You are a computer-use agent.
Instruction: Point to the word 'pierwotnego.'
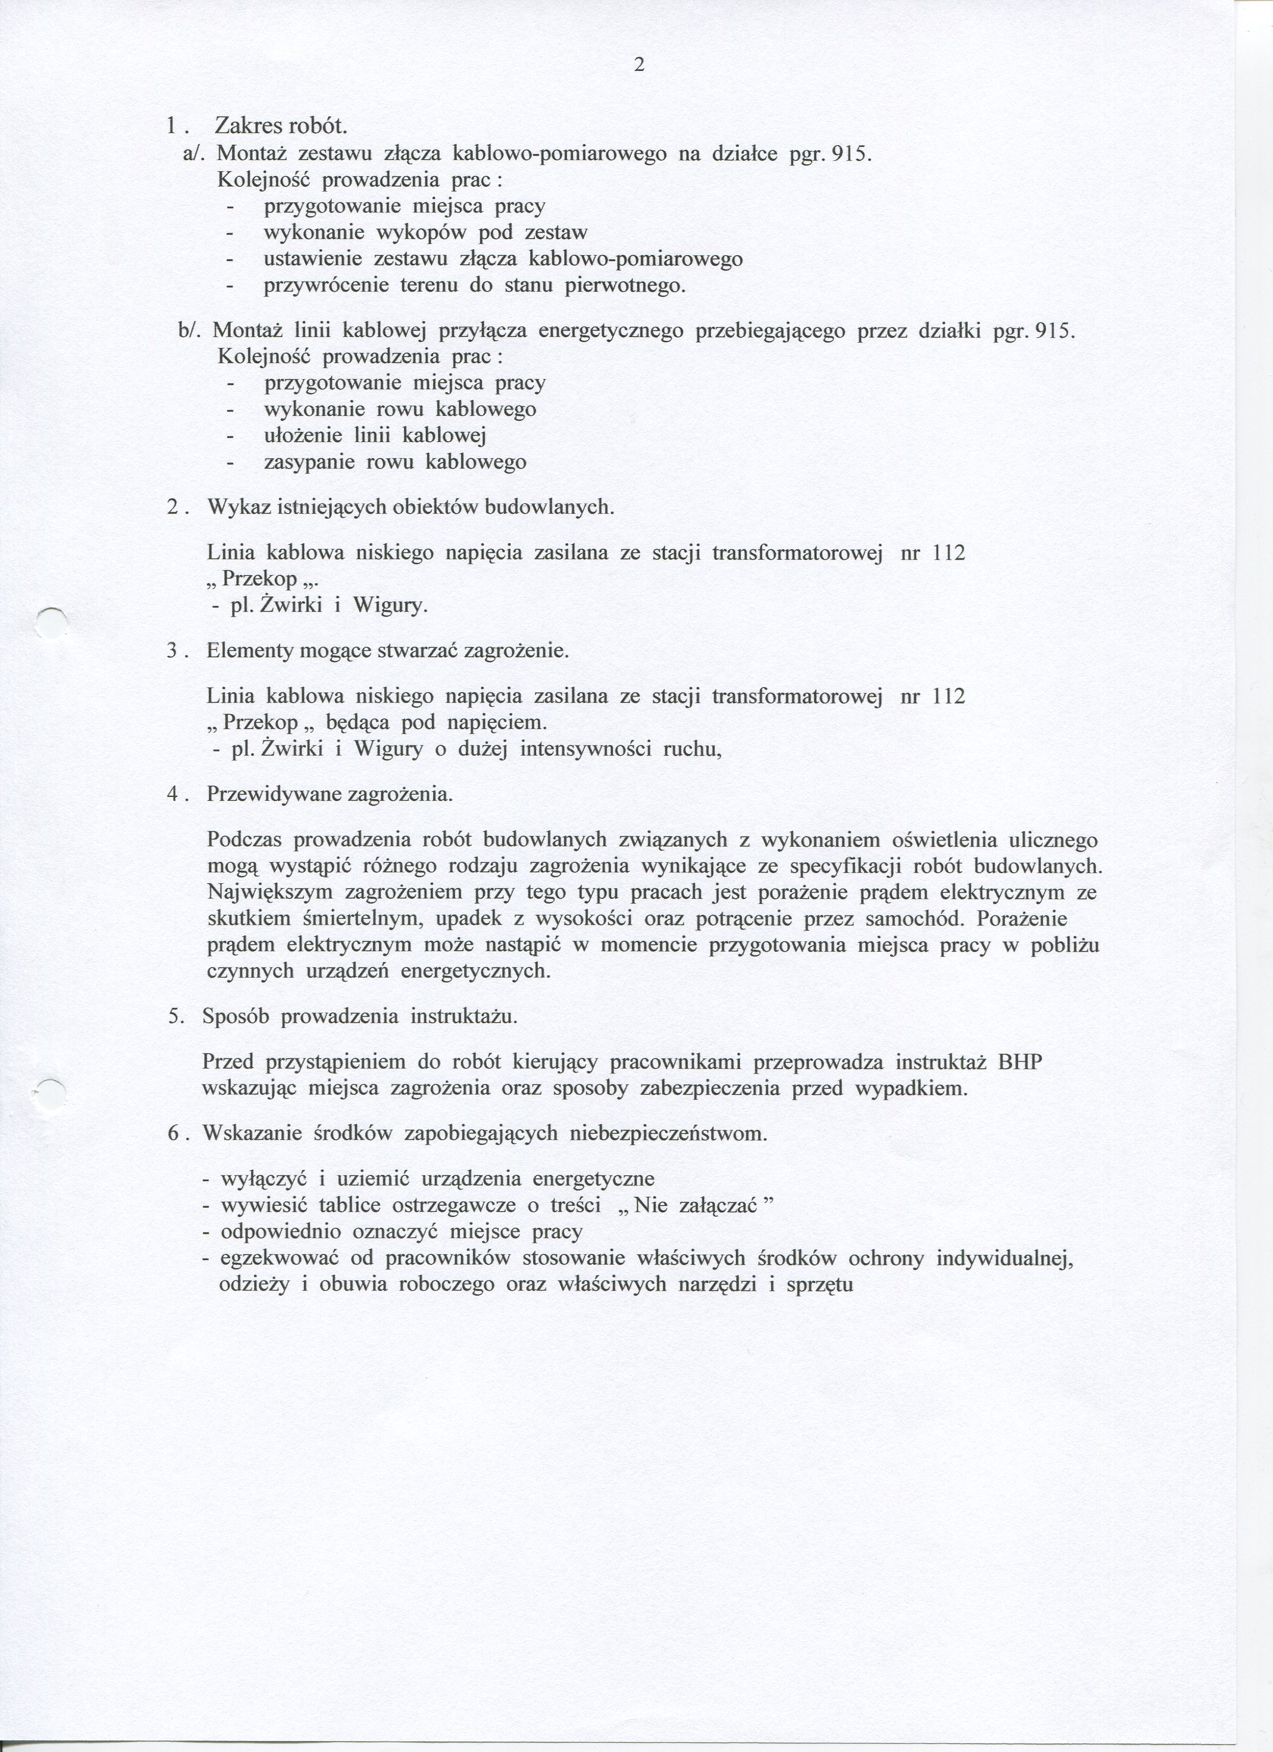point(625,286)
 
